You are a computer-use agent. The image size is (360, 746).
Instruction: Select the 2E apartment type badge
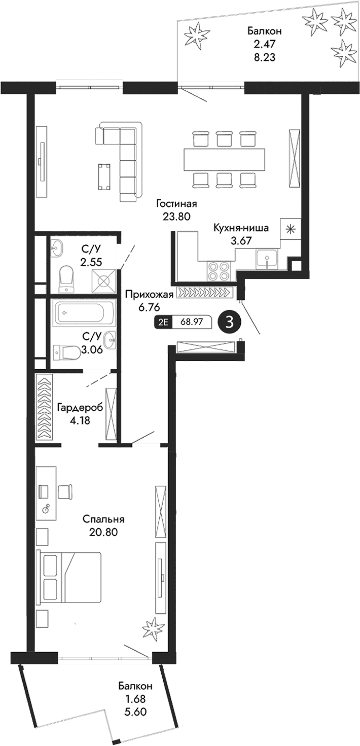point(163,323)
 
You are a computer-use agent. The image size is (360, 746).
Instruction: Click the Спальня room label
point(103,520)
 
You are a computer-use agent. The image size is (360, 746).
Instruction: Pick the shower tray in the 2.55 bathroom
point(104,279)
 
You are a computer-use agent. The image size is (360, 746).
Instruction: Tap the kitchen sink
point(266,259)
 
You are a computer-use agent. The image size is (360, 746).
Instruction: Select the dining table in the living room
point(224,159)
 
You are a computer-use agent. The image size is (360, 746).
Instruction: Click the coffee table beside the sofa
point(104,176)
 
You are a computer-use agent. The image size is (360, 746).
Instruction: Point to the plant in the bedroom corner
point(152,629)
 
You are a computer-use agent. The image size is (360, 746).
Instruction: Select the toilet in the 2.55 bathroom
point(66,279)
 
